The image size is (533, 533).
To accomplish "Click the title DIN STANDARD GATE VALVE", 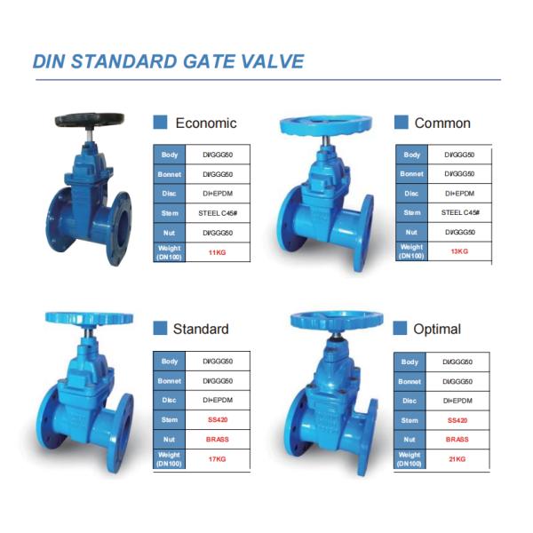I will pyautogui.click(x=168, y=61).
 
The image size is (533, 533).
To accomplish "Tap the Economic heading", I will pyautogui.click(x=206, y=123).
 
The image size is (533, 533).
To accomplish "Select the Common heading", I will pyautogui.click(x=442, y=123).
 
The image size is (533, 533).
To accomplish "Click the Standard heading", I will pyautogui.click(x=200, y=329).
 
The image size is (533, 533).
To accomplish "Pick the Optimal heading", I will pyautogui.click(x=437, y=329).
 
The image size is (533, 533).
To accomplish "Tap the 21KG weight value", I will pyautogui.click(x=457, y=459).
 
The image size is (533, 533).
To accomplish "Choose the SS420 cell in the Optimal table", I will pyautogui.click(x=457, y=420).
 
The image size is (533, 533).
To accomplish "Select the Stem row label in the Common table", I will pyautogui.click(x=411, y=213).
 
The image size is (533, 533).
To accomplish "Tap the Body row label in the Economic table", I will pyautogui.click(x=169, y=155).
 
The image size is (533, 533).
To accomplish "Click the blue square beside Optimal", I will pyautogui.click(x=401, y=329).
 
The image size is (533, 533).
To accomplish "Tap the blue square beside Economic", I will pyautogui.click(x=161, y=123).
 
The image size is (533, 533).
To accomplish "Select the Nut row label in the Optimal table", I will pyautogui.click(x=410, y=440).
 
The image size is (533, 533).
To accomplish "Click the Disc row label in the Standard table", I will pyautogui.click(x=169, y=400).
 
